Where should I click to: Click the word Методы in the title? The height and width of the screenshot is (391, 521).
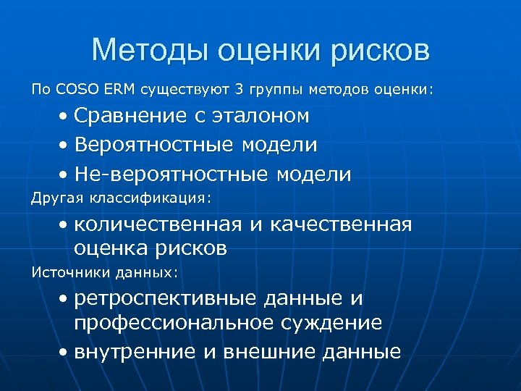coord(149,51)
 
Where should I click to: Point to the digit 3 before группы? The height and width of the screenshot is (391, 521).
coord(240,90)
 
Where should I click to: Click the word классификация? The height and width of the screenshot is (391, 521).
coord(148,196)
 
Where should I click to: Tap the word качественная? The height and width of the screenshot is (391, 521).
coord(340,225)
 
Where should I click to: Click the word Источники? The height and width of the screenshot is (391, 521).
coord(66,272)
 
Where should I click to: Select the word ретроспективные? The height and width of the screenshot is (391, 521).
coord(171,298)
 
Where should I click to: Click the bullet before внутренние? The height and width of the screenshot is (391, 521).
coord(65,353)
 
